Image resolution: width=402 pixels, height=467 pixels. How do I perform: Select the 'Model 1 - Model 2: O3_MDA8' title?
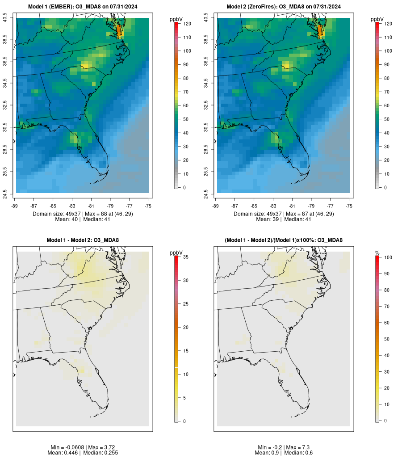coord(83,240)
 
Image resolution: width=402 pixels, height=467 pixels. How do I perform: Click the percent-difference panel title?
coord(284,240)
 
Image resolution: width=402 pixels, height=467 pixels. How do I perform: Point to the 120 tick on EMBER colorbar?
coord(187,24)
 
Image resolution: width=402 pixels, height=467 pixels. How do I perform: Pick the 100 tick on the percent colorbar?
coord(388,257)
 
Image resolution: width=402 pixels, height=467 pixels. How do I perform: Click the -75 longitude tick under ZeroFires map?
coord(349,206)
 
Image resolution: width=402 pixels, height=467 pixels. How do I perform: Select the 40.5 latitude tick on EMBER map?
coord(5,18)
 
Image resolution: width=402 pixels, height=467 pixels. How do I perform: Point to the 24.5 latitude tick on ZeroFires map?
coord(206,193)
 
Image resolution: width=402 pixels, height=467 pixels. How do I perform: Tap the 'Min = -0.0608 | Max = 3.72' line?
coord(83,447)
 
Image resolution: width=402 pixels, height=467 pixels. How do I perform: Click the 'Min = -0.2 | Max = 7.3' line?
coord(284,447)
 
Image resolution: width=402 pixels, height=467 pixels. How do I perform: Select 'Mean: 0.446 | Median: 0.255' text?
coord(83,453)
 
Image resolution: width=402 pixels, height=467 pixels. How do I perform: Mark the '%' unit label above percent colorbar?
coord(377,253)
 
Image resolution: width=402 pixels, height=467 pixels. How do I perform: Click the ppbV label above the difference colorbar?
coord(176,253)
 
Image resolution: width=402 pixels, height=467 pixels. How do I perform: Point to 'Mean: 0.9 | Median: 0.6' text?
coord(284,453)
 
